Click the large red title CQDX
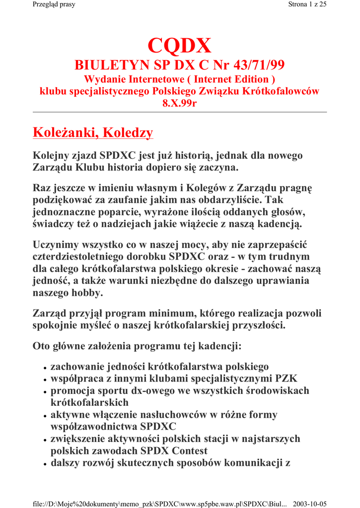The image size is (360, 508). pyautogui.click(x=179, y=47)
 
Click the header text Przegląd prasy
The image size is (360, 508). pyautogui.click(x=50, y=5)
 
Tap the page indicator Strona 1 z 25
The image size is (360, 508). pyautogui.click(x=307, y=5)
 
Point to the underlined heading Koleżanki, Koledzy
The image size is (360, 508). pyautogui.click(x=92, y=132)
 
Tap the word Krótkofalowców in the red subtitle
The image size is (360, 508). pyautogui.click(x=285, y=91)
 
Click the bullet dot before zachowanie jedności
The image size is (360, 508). pyautogui.click(x=45, y=368)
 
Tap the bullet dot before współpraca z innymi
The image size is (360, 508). pyautogui.click(x=45, y=380)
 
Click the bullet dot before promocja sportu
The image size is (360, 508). pyautogui.click(x=45, y=392)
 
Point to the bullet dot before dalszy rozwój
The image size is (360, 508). pyautogui.click(x=45, y=464)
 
